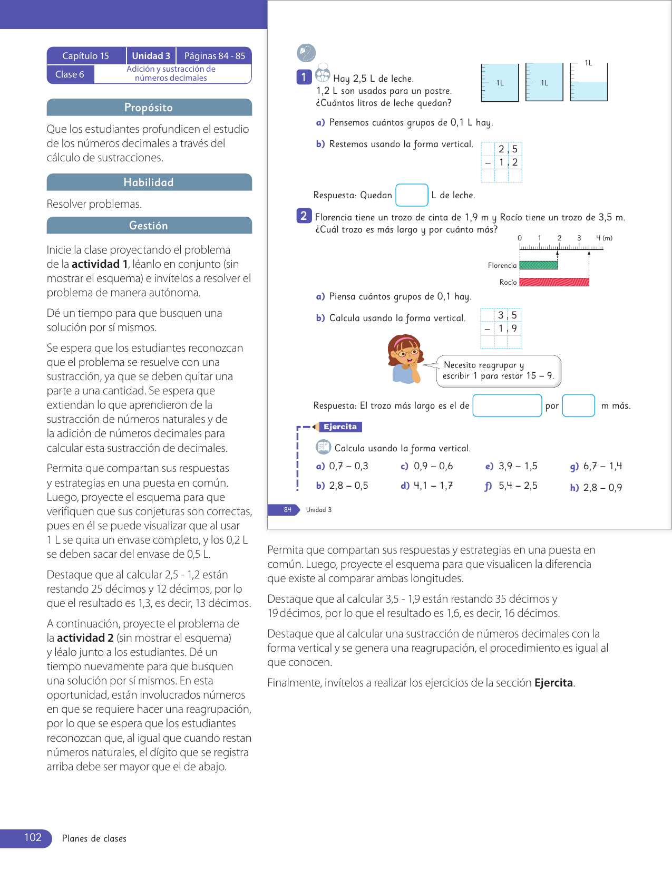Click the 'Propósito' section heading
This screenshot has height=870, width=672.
[149, 108]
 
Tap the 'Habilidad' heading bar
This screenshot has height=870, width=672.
[149, 182]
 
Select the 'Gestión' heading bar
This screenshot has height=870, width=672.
[149, 226]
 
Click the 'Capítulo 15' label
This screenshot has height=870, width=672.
[86, 56]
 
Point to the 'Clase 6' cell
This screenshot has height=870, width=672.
[70, 74]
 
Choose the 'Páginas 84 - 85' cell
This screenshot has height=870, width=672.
[215, 56]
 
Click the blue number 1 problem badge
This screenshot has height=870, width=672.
[304, 78]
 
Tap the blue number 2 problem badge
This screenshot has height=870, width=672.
[304, 216]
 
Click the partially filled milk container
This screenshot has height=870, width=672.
[589, 83]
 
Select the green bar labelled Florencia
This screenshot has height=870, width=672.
[538, 265]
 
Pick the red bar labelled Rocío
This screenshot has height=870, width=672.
[554, 282]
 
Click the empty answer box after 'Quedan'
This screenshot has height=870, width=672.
[412, 195]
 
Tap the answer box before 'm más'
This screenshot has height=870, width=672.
[578, 405]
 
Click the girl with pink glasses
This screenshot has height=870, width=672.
[405, 359]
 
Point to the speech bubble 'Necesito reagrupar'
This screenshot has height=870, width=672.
[498, 371]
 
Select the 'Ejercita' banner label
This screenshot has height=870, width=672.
[340, 427]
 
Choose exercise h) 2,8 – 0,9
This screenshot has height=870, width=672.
[596, 488]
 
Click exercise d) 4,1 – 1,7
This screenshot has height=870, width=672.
[427, 486]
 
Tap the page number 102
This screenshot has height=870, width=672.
[33, 838]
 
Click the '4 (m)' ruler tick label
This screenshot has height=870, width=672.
[604, 238]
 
